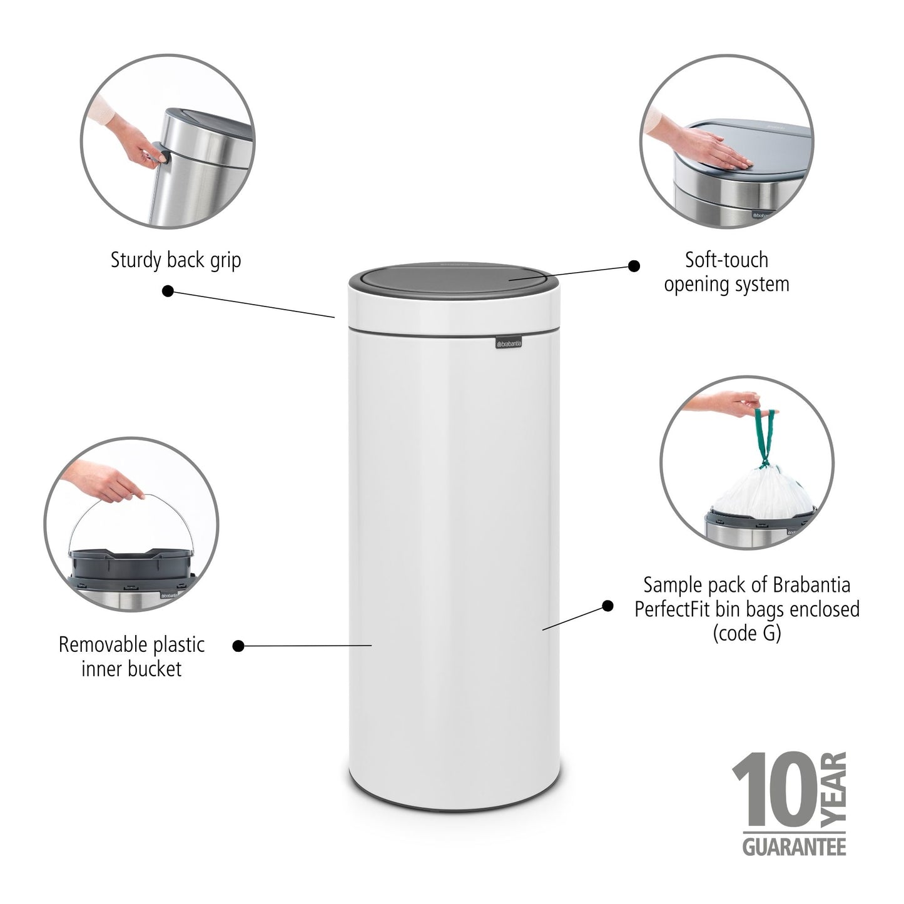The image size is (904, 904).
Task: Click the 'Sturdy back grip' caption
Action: tap(176, 260)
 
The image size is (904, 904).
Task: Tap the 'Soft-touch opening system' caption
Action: tap(726, 272)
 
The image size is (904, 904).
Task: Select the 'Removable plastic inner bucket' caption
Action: tap(131, 656)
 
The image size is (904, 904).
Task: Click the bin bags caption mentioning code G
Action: tap(746, 609)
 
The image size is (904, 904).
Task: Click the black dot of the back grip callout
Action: tap(168, 291)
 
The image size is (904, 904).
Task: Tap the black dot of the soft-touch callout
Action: tap(634, 266)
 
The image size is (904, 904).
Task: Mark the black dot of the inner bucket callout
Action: tap(238, 646)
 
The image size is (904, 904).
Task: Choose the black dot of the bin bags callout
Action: tap(607, 605)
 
